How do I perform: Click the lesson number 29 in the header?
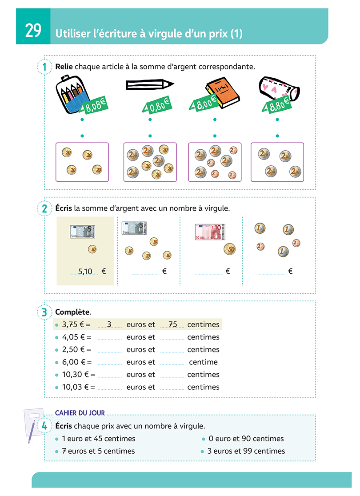pos(33,31)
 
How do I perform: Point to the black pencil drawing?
pos(149,84)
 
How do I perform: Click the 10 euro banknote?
pos(210,232)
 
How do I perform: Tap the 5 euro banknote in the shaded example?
pos(82,231)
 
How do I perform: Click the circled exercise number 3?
pos(44,312)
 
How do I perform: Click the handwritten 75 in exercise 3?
pos(172,324)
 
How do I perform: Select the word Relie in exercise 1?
pos(64,67)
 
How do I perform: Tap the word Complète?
pos(69,312)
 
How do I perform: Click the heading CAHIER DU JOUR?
pos(80,413)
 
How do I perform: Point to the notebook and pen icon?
pos(32,424)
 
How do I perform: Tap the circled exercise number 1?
pos(44,68)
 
